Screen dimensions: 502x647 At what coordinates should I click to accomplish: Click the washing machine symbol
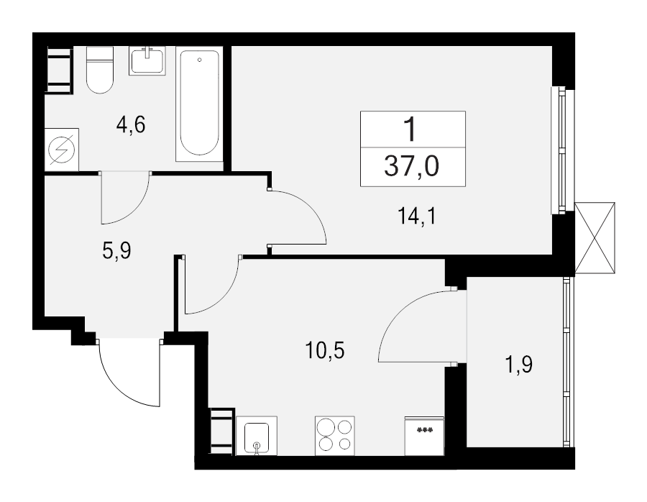[x=62, y=150]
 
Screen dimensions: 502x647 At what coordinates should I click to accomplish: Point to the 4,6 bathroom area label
[x=132, y=125]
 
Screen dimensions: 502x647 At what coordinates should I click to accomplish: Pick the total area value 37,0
[x=413, y=167]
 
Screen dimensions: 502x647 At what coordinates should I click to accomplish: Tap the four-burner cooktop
[x=335, y=435]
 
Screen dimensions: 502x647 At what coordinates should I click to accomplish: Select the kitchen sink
[x=257, y=437]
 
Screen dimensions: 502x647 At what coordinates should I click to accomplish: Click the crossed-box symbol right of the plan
[x=595, y=237]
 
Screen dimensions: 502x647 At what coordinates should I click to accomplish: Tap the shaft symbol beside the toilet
[x=59, y=69]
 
